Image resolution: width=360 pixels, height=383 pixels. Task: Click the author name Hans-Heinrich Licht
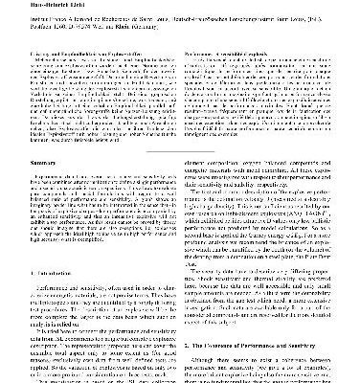pos(30,4)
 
